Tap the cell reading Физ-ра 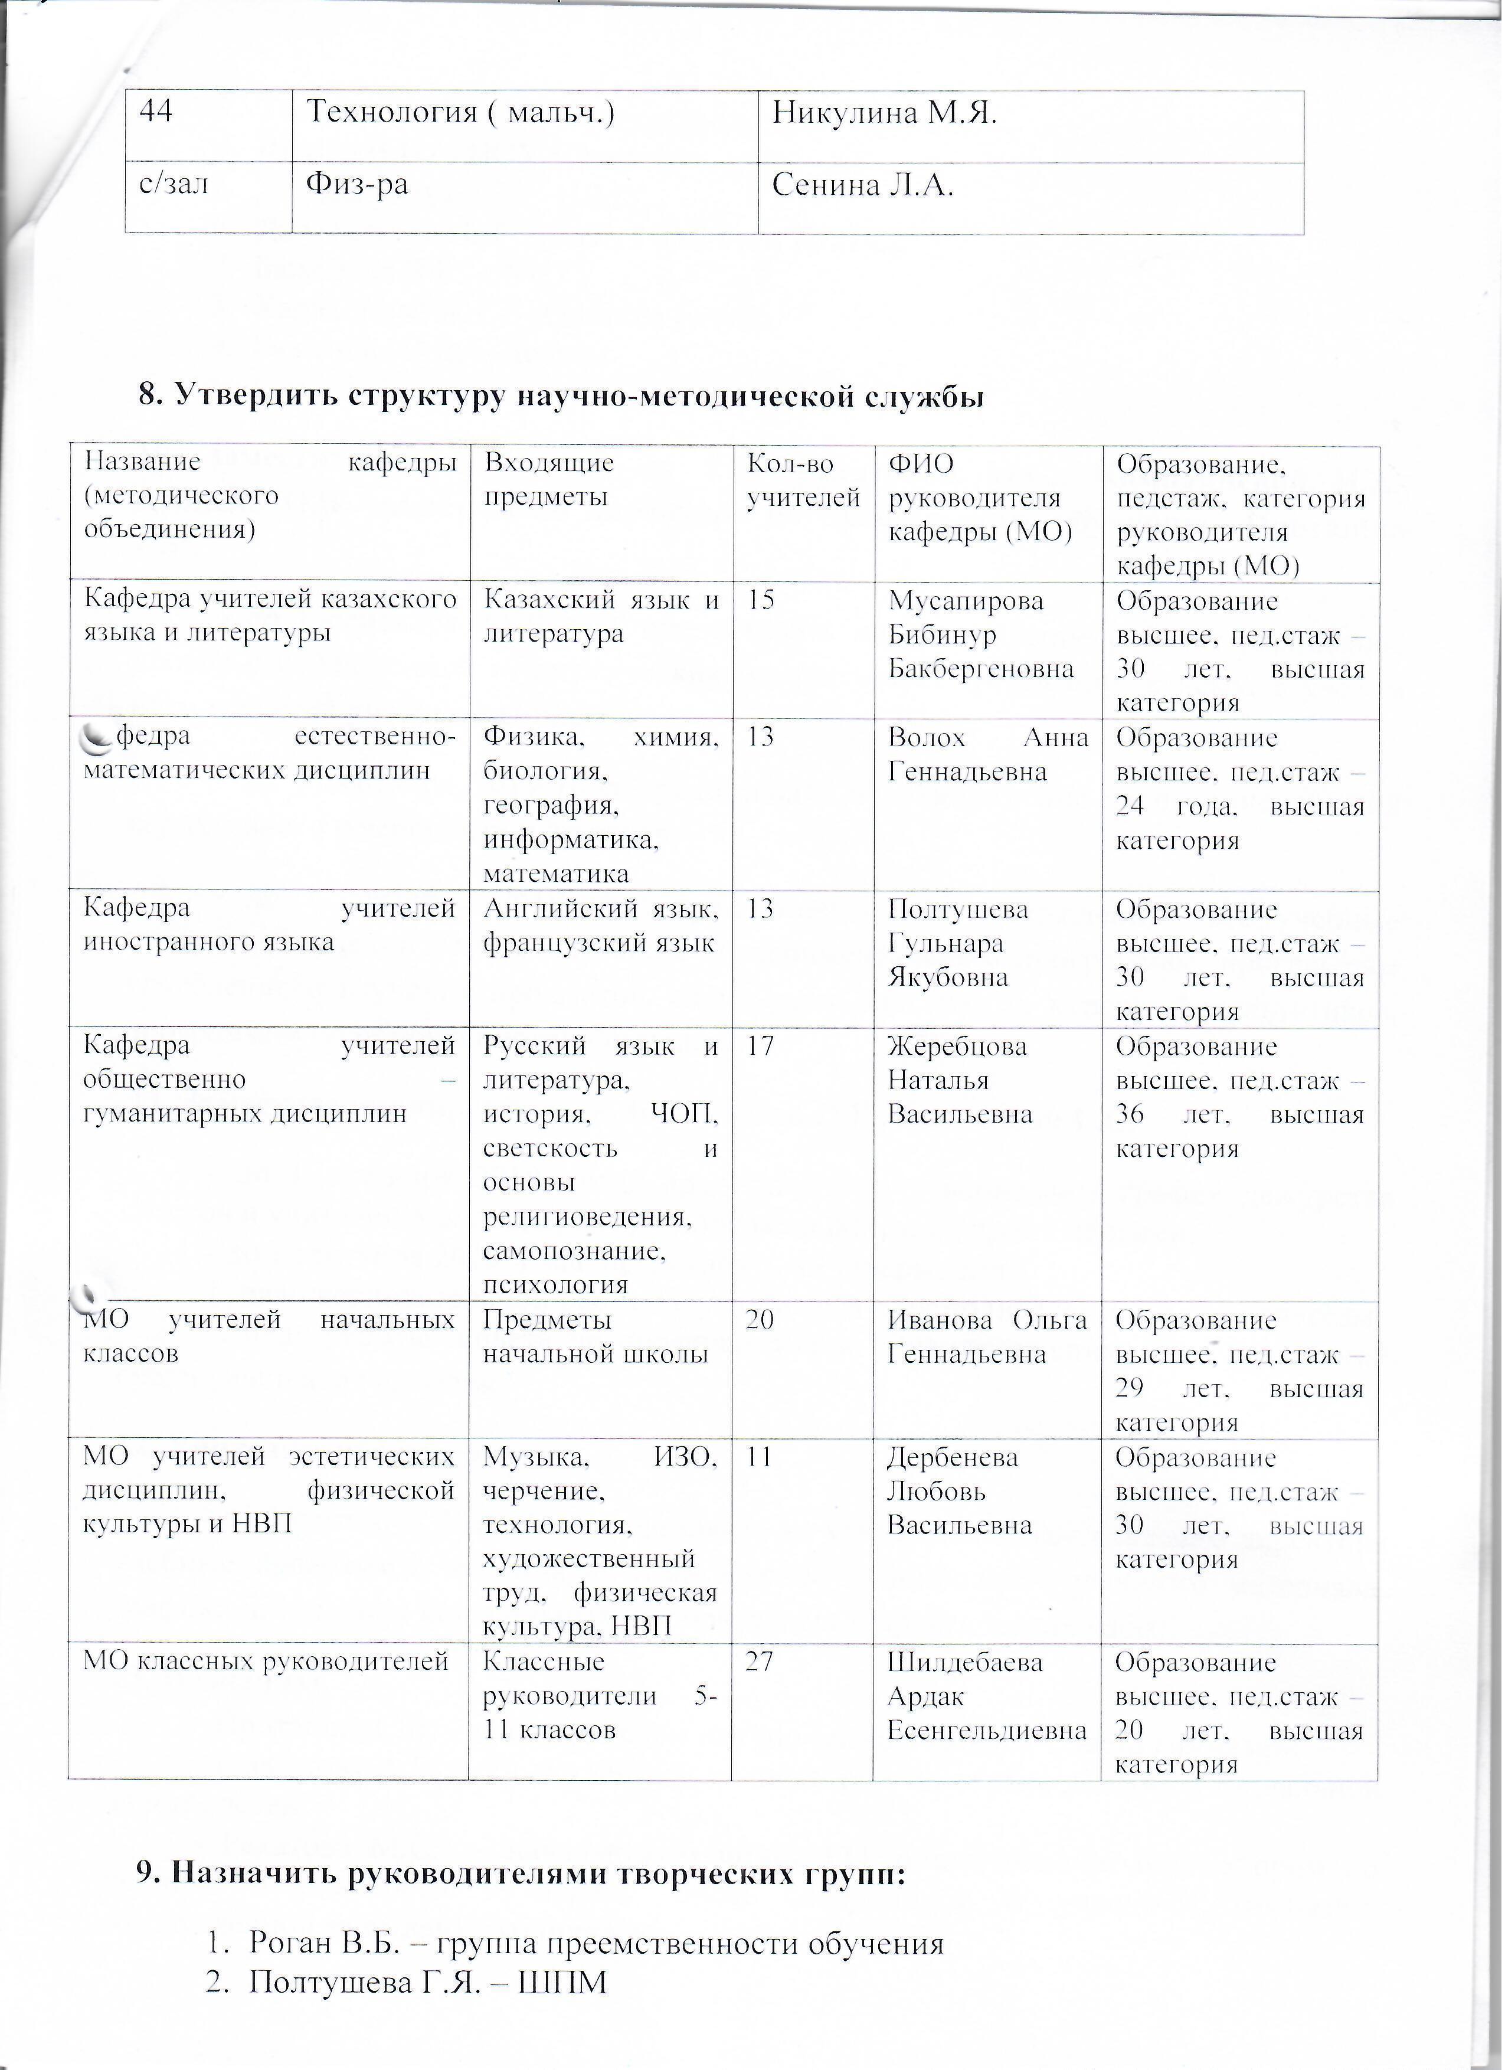point(357,185)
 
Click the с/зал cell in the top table point(174,185)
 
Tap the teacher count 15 point(761,600)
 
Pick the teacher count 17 point(761,1046)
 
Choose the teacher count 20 point(761,1320)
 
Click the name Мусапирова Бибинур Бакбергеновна point(980,635)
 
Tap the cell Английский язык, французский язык point(600,926)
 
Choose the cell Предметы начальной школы point(595,1337)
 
